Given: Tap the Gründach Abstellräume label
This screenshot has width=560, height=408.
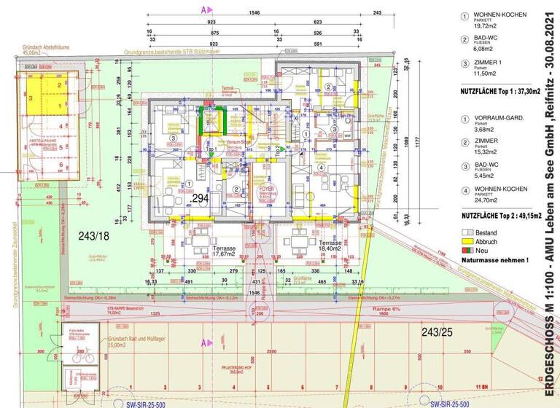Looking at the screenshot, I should [x=41, y=50].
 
